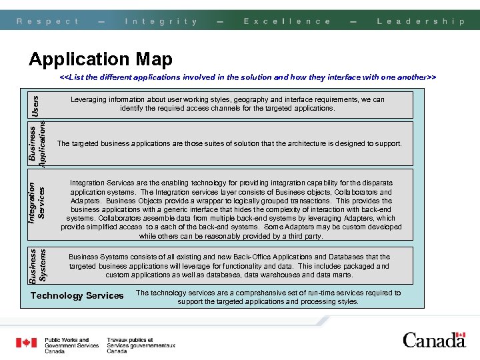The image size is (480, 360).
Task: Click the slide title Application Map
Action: click(101, 59)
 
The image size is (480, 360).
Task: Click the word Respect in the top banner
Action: click(47, 21)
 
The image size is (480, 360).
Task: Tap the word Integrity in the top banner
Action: click(161, 21)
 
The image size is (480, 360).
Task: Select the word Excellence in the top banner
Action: click(287, 21)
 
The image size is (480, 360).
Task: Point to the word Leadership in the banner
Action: click(421, 21)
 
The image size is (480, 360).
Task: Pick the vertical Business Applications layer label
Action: click(37, 143)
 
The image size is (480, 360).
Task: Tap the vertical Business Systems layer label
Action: click(37, 266)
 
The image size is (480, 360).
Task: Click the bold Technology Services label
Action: click(77, 295)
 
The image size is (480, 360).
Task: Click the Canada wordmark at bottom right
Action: click(433, 341)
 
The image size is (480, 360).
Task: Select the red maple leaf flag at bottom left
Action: click(27, 343)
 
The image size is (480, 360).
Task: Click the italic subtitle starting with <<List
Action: click(247, 77)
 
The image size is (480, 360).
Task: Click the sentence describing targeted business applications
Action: click(230, 143)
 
